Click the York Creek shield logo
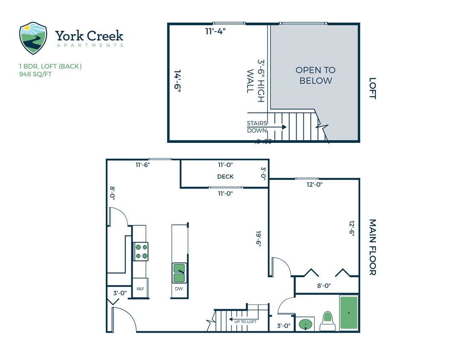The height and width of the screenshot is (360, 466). point(33,38)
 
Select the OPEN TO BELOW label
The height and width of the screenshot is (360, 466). point(315,75)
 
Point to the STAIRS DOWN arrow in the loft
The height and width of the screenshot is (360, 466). point(278,127)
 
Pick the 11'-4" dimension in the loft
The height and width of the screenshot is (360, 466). point(216,31)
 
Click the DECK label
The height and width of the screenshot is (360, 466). point(225,177)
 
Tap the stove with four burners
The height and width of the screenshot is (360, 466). point(140,251)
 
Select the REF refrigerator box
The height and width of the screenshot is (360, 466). point(140,289)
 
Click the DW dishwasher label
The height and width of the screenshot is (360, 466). point(179,289)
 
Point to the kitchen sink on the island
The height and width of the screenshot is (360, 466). point(179,273)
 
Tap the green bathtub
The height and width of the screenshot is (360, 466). point(349,313)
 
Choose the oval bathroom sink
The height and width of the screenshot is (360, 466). point(305,325)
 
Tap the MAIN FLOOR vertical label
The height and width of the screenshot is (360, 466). point(372,247)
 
